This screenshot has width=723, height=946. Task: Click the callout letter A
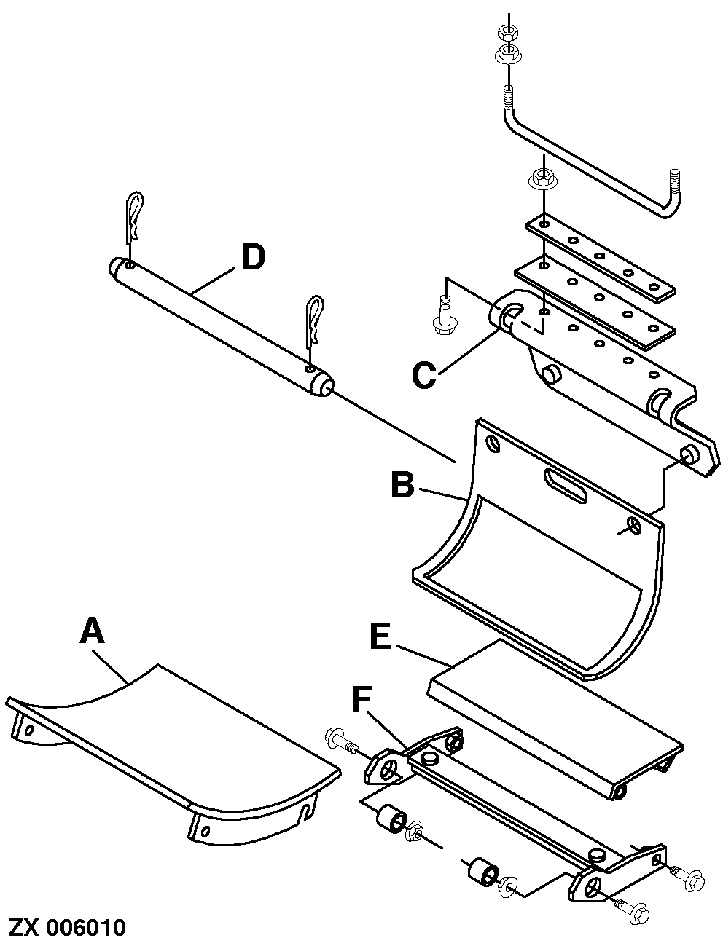coord(93,631)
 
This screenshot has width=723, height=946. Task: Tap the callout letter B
coord(402,485)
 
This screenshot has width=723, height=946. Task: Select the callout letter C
coord(423,374)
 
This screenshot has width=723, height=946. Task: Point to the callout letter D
coord(253,258)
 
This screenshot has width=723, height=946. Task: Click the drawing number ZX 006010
coord(67,928)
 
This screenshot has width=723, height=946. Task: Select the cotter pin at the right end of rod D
coord(315,320)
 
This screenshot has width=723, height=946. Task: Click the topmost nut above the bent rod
coord(505,32)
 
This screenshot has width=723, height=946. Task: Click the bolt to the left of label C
coord(441,315)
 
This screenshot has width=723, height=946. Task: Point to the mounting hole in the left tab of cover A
coord(28,728)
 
